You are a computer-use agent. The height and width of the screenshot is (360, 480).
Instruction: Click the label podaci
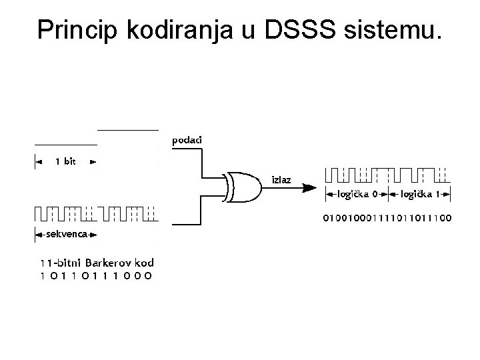tap(187, 140)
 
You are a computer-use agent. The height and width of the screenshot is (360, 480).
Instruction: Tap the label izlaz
tap(281, 180)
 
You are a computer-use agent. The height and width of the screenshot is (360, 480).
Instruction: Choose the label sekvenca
tap(65, 235)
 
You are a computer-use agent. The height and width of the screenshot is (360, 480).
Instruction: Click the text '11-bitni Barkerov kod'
tap(93, 262)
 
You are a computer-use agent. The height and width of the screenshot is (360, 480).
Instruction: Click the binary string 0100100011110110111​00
tap(387, 217)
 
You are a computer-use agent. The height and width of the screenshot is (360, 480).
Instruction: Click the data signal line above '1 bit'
tap(65, 145)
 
